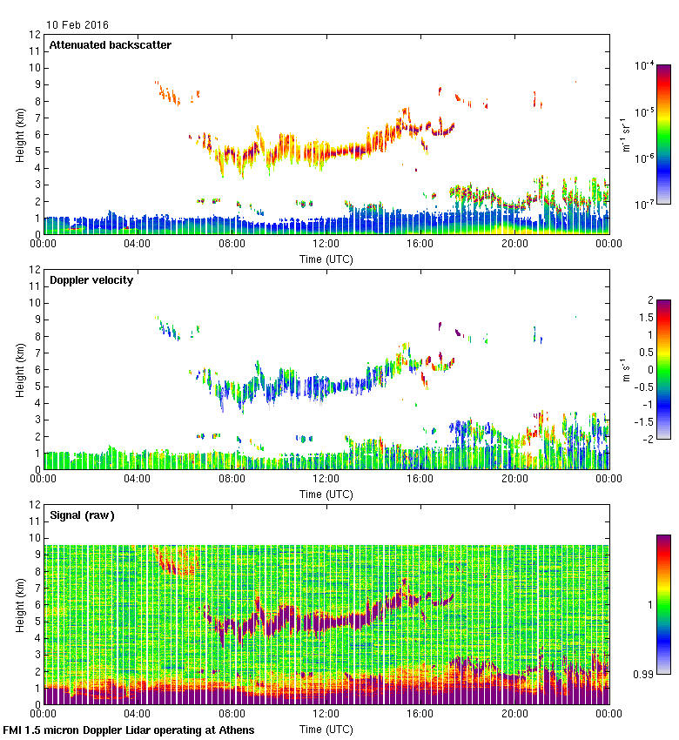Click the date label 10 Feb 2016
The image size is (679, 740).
tap(78, 25)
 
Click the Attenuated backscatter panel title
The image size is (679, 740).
tap(110, 45)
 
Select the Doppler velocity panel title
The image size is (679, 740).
tap(91, 280)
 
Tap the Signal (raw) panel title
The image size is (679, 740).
tap(82, 515)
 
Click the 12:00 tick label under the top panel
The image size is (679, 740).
tap(326, 245)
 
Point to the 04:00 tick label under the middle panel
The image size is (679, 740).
tap(138, 480)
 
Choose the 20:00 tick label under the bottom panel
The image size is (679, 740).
tap(514, 715)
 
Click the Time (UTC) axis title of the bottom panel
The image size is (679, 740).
tap(326, 728)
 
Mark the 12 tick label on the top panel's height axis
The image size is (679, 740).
tap(36, 35)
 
